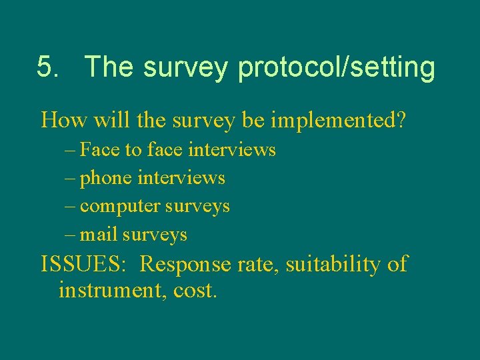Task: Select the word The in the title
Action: (109, 67)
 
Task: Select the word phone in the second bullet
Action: (105, 179)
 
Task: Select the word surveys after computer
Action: (197, 207)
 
